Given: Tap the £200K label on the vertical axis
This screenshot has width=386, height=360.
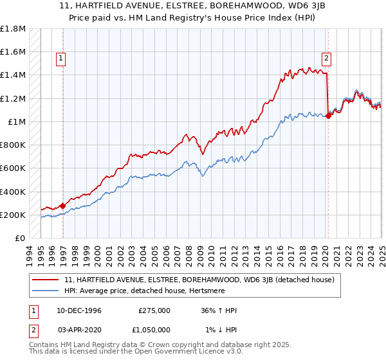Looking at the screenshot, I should coord(12,215).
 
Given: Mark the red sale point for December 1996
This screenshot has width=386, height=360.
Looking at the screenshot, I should coord(62,206).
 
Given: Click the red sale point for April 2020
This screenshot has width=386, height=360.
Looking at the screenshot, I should coord(328,116).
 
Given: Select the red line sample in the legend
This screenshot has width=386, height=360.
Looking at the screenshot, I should coord(46,280).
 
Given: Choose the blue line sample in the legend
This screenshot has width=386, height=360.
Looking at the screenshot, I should coord(46,291).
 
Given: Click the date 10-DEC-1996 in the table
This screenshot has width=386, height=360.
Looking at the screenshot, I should coord(79,310).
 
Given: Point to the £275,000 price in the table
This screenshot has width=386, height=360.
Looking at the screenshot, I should coord(154,310).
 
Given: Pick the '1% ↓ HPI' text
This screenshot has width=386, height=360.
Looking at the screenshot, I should coord(222,329).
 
